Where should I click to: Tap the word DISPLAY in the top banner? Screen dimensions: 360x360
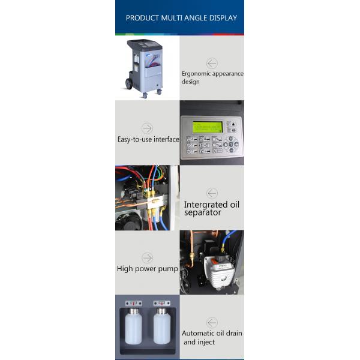tap(222, 18)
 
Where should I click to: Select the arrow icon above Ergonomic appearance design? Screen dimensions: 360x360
tap(212, 63)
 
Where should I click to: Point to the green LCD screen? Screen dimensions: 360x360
tap(207, 127)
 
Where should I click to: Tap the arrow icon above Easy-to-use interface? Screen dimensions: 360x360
tap(147, 128)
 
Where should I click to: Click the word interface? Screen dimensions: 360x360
tap(166, 139)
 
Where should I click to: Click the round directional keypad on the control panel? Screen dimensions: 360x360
tap(230, 145)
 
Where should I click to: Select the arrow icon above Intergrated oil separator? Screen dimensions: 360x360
tap(212, 193)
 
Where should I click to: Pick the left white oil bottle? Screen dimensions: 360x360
tap(133, 328)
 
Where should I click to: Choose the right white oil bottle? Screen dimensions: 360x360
tap(161, 328)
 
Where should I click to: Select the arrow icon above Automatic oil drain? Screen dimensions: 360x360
tap(212, 322)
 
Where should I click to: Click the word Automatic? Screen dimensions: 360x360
tap(200, 333)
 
